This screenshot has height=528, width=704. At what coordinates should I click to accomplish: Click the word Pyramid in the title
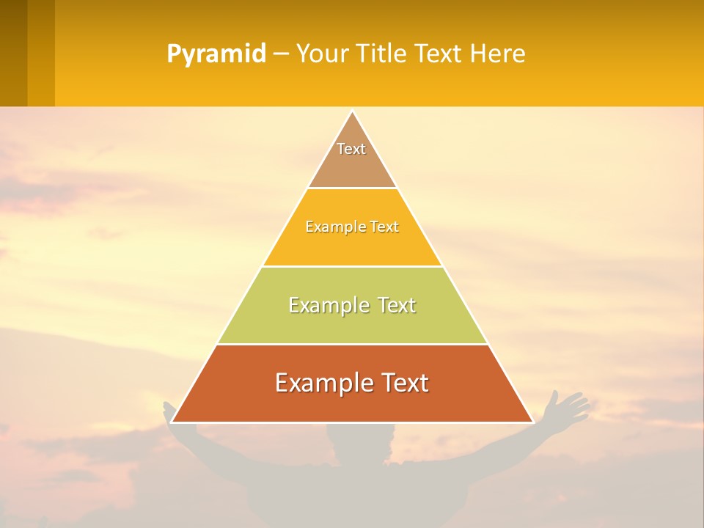(x=216, y=54)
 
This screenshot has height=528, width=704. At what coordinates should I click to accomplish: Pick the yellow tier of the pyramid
(x=352, y=246)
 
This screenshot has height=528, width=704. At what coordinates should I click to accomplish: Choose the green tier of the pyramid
(x=352, y=323)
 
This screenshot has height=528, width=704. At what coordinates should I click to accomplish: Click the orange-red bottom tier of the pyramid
(x=352, y=403)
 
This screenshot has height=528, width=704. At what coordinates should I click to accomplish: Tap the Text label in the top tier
(x=351, y=149)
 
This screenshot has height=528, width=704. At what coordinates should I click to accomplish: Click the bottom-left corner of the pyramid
(x=172, y=422)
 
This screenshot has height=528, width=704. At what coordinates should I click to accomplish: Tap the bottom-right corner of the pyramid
(x=532, y=422)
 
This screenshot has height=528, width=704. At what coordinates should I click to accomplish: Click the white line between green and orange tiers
(x=352, y=344)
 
